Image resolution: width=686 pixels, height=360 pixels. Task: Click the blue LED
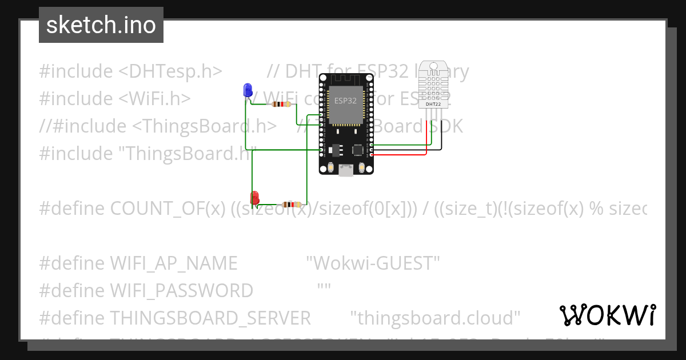tap(248, 90)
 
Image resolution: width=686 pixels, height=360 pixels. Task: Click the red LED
tap(255, 197)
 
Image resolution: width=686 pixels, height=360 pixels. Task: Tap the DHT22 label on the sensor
tap(433, 105)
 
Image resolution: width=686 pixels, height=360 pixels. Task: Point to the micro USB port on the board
tap(346, 170)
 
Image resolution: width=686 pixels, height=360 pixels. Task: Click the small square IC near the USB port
tap(358, 150)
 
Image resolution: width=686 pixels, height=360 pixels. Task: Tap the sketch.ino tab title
tap(101, 25)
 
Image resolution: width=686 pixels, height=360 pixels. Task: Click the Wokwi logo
tap(608, 315)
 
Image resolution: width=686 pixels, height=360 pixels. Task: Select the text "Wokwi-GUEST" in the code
tap(373, 263)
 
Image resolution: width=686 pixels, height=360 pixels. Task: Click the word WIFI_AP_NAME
tap(173, 263)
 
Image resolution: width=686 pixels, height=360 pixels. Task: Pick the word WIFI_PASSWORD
tap(181, 291)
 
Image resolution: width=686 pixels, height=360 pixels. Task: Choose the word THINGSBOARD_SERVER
tap(210, 318)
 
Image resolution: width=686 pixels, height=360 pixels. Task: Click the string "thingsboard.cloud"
tap(434, 318)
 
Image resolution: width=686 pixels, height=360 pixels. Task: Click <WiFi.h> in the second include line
tap(154, 99)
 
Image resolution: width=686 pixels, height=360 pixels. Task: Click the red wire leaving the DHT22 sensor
tap(426, 143)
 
